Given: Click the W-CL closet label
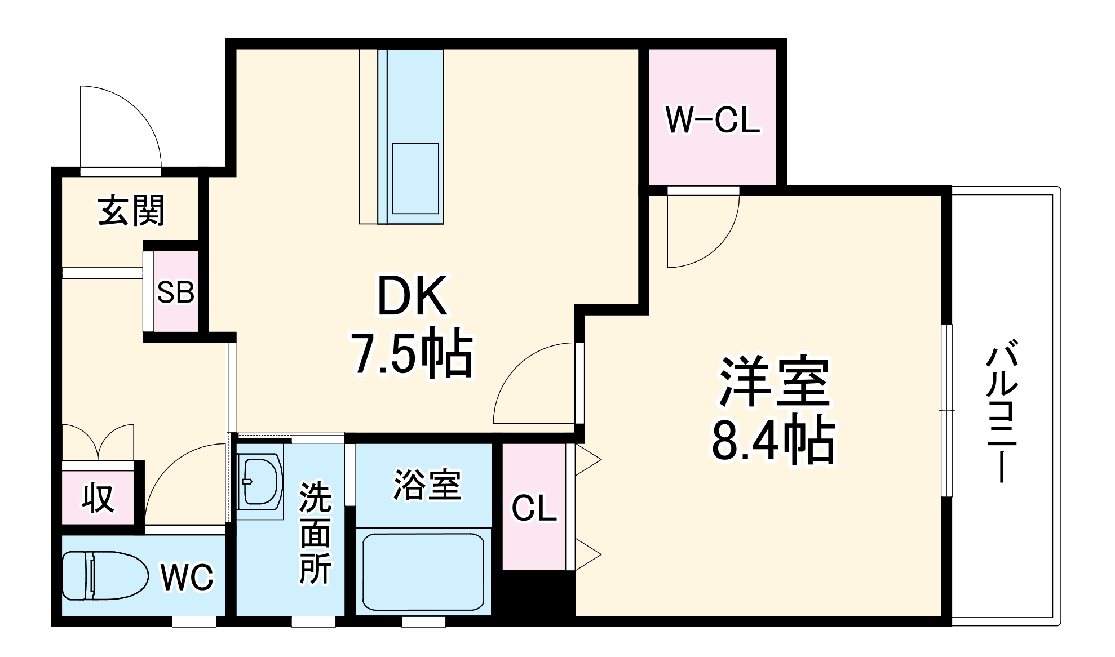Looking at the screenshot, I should pyautogui.click(x=713, y=119).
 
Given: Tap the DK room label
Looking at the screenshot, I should pyautogui.click(x=412, y=296).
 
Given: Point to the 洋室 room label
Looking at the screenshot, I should pyautogui.click(x=773, y=381).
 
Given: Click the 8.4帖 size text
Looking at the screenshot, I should pyautogui.click(x=773, y=440).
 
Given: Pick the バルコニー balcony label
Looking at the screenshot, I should pyautogui.click(x=1002, y=410).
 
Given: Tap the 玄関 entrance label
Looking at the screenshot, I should pyautogui.click(x=131, y=211).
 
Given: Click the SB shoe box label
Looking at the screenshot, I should pyautogui.click(x=175, y=292).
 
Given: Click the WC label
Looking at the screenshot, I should pyautogui.click(x=187, y=577).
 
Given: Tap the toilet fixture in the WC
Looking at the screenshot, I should pyautogui.click(x=104, y=575).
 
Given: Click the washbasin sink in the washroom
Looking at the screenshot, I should pyautogui.click(x=260, y=482).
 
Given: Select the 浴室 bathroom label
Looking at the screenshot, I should pyautogui.click(x=427, y=485).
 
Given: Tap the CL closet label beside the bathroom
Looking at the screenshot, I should pyautogui.click(x=534, y=509).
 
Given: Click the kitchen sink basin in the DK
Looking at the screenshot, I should pyautogui.click(x=415, y=178).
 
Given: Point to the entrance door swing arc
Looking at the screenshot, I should pyautogui.click(x=121, y=127).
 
